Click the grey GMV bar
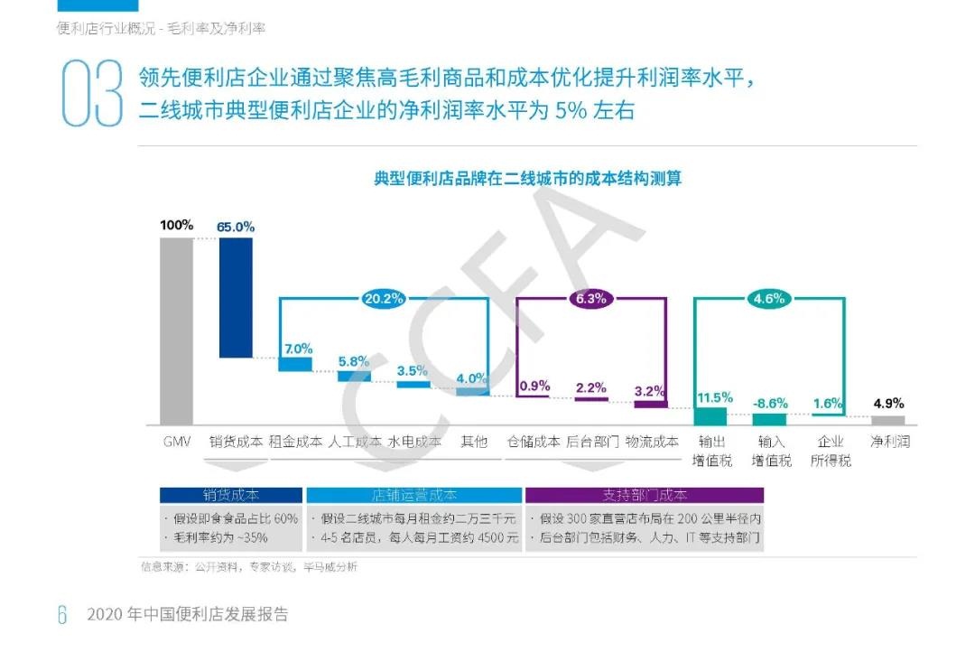(176, 331)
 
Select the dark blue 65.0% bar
(236, 297)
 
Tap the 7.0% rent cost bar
(295, 364)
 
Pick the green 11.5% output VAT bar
(710, 415)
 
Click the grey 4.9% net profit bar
(887, 420)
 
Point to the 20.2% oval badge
(384, 298)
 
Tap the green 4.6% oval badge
(770, 298)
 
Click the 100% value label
(176, 225)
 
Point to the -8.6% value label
(769, 404)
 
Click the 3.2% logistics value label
(650, 391)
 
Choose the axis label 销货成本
(236, 442)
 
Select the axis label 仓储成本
(533, 442)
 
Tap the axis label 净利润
(889, 442)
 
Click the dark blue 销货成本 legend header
(231, 495)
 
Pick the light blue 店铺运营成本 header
(414, 495)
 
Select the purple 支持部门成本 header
(645, 495)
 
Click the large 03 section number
(91, 94)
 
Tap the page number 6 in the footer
(62, 615)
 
